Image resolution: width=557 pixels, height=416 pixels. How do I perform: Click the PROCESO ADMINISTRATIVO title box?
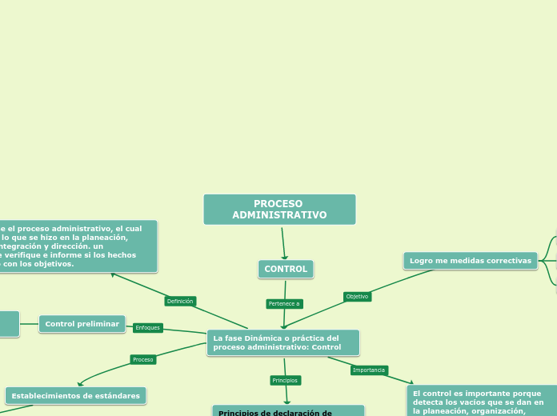click(x=279, y=210)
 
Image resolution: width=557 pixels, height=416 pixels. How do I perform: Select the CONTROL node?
click(x=286, y=270)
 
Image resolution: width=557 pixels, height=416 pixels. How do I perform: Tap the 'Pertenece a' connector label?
click(x=284, y=304)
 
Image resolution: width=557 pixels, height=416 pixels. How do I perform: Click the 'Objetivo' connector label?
click(x=357, y=297)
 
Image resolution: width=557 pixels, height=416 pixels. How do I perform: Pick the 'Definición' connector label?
click(x=180, y=302)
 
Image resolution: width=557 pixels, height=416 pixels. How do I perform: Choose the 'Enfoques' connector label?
click(x=147, y=328)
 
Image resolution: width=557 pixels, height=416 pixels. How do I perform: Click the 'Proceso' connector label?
click(x=143, y=360)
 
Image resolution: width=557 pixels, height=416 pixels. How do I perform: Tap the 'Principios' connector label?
click(x=285, y=381)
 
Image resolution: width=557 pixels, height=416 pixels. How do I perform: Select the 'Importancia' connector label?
click(x=369, y=370)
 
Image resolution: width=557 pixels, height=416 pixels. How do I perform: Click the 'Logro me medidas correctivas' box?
click(x=471, y=261)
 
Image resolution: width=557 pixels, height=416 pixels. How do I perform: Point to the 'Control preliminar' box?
click(x=82, y=324)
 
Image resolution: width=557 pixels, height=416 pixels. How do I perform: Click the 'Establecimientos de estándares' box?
click(x=75, y=396)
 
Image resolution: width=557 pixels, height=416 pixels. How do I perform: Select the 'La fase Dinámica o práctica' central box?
click(x=283, y=343)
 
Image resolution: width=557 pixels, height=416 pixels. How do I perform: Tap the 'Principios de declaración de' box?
click(x=288, y=411)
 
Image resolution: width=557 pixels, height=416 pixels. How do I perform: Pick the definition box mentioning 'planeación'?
click(x=78, y=246)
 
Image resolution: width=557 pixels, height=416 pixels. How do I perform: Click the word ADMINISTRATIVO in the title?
click(x=279, y=215)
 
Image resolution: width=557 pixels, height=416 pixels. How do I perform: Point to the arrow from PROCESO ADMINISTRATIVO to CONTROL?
click(x=283, y=243)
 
